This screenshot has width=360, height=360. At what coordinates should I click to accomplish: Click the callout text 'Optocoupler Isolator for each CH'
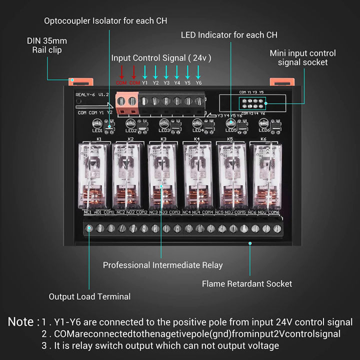pyautogui.click(x=105, y=21)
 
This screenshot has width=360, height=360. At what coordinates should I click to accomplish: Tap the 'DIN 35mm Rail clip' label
pyautogui.click(x=47, y=45)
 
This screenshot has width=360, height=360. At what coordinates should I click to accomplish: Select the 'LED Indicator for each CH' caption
pyautogui.click(x=229, y=35)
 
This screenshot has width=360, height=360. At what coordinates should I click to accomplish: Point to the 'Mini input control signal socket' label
pyautogui.click(x=302, y=57)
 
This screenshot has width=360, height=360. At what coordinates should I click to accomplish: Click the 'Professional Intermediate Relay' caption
pyautogui.click(x=162, y=265)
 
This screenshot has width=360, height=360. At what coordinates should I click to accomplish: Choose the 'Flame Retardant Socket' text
pyautogui.click(x=246, y=283)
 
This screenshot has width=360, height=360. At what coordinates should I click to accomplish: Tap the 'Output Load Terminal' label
pyautogui.click(x=89, y=296)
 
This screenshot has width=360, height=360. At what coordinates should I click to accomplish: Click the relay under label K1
pyautogui.click(x=92, y=175)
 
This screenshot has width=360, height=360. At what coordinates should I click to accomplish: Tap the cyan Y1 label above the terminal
pyautogui.click(x=145, y=83)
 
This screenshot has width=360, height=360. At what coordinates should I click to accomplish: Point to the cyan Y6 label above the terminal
pyautogui.click(x=198, y=83)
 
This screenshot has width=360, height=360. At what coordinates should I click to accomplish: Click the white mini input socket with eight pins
pyautogui.click(x=252, y=103)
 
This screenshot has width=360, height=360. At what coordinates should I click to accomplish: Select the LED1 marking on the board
pyautogui.click(x=97, y=131)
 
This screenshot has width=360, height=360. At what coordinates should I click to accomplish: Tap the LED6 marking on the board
pyautogui.click(x=264, y=131)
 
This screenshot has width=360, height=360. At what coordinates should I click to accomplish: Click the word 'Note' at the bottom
pyautogui.click(x=20, y=322)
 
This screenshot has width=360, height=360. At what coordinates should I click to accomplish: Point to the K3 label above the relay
pyautogui.click(x=163, y=138)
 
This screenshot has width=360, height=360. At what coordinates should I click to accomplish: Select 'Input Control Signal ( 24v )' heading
pyautogui.click(x=161, y=58)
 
